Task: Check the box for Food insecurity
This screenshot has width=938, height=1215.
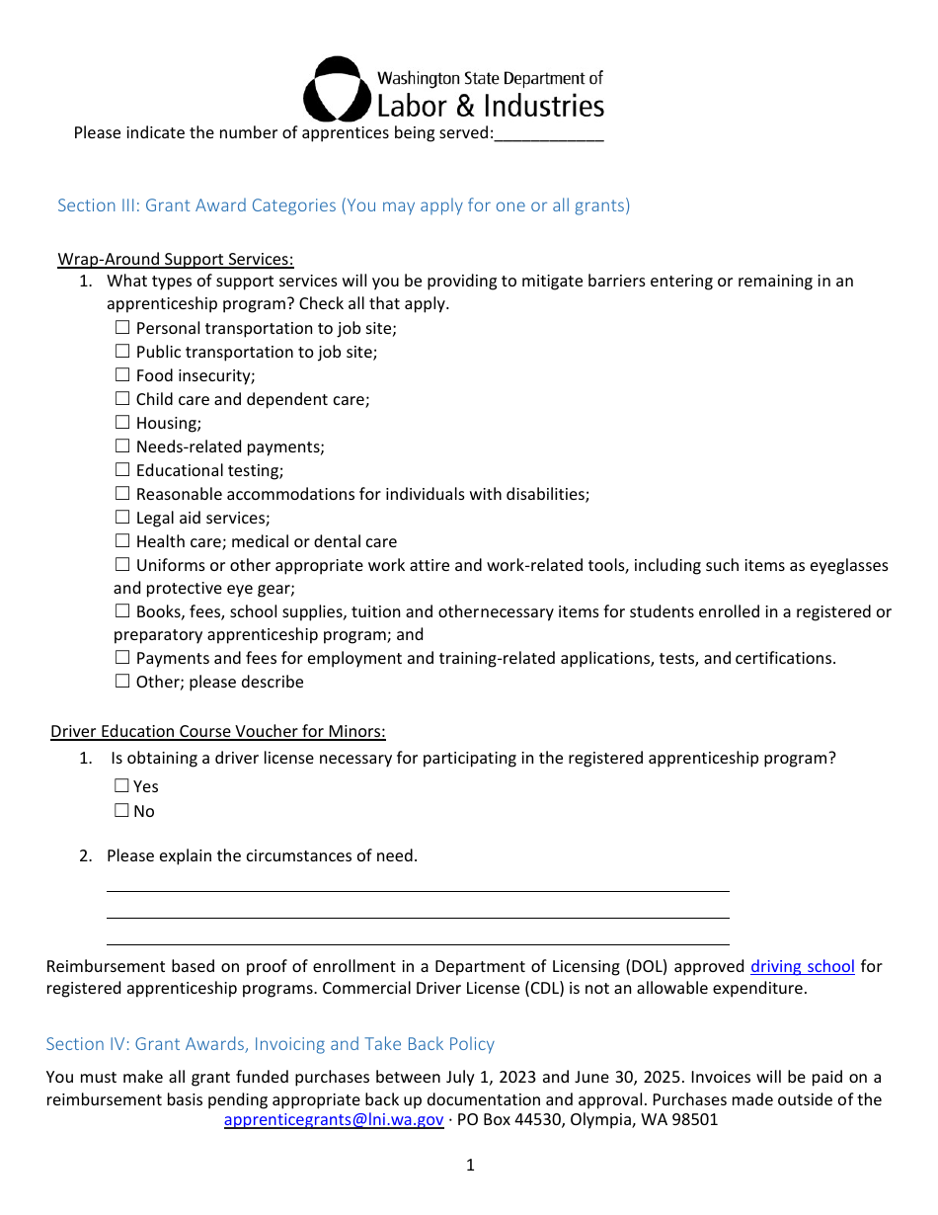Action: pos(122,375)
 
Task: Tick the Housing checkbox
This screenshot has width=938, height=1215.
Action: pos(122,423)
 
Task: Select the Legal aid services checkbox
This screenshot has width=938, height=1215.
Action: pos(122,518)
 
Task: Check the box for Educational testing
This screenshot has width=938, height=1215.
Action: pos(122,470)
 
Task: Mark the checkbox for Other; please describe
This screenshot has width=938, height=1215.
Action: pos(122,682)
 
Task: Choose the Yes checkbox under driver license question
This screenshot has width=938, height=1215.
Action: pos(121,786)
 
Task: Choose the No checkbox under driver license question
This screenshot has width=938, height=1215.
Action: pos(121,811)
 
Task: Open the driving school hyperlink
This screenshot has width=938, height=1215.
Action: pos(802,966)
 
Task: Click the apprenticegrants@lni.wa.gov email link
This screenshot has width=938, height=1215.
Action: pos(334,1119)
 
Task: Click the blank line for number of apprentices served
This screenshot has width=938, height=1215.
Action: pos(548,134)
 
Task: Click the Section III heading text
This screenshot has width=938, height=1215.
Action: pos(343,205)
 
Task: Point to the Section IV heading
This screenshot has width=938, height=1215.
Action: pos(270,1044)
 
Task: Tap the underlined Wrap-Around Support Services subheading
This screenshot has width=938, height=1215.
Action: pos(176,259)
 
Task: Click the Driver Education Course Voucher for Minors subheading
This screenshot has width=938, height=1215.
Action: pos(218,731)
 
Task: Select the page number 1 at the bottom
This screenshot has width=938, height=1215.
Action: pos(470,1165)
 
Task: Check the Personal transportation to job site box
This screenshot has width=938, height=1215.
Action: pos(122,328)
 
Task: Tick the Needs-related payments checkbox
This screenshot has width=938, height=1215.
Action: pos(122,446)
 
